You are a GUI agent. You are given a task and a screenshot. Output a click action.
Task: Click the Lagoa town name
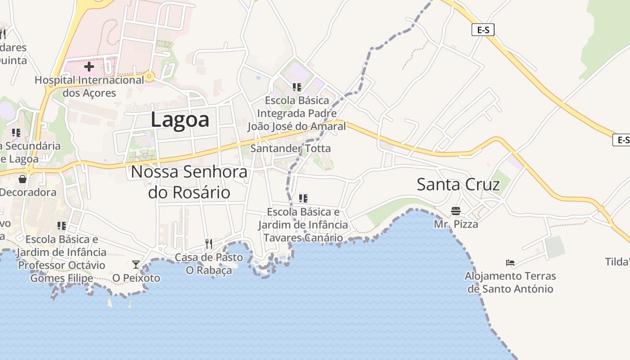pyautogui.click(x=180, y=120)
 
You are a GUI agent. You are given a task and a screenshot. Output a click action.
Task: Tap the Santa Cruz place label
pyautogui.click(x=458, y=184)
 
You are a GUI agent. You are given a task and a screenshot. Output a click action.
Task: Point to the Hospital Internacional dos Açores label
pyautogui.click(x=89, y=86)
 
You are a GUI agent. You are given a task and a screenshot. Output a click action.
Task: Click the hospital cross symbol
pyautogui.click(x=89, y=67)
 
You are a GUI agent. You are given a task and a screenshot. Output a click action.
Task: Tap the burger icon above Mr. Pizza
pyautogui.click(x=455, y=211)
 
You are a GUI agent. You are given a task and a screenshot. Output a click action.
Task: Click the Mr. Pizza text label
pyautogui.click(x=456, y=224)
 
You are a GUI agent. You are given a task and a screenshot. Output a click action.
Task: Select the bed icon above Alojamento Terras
pyautogui.click(x=510, y=262)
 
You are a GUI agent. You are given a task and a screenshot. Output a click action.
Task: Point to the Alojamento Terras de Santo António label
pyautogui.click(x=510, y=282)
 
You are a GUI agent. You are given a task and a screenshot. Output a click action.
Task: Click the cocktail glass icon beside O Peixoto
pyautogui.click(x=136, y=265)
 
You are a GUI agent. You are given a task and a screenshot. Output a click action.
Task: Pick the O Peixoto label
pyautogui.click(x=136, y=278)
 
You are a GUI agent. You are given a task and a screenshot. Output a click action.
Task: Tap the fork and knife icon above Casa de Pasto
pyautogui.click(x=208, y=244)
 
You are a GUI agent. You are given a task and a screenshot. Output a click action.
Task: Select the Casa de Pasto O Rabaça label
pyautogui.click(x=209, y=264)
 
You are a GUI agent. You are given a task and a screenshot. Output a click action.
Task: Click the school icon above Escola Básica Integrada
pyautogui.click(x=297, y=87)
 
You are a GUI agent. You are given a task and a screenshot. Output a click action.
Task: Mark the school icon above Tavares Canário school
pyautogui.click(x=303, y=198)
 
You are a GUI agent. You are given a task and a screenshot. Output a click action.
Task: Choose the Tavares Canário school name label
pyautogui.click(x=303, y=225)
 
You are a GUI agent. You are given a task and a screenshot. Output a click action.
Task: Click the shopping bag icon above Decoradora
pyautogui.click(x=22, y=179)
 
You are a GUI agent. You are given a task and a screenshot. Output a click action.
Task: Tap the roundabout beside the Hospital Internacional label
pyautogui.click(x=149, y=76)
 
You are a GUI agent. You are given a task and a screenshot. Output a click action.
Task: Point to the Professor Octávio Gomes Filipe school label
pyautogui.click(x=61, y=258)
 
